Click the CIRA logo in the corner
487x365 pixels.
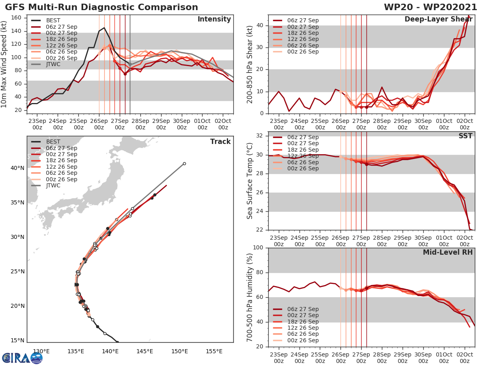(x=22, y=358)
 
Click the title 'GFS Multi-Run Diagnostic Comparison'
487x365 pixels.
(x=101, y=7)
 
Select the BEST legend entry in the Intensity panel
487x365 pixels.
(x=53, y=20)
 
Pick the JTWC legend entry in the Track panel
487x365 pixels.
(x=53, y=186)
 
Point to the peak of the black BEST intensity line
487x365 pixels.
(x=104, y=28)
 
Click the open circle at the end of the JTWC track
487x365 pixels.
(x=184, y=164)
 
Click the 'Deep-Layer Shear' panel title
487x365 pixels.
(x=439, y=19)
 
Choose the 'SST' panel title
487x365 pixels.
(x=465, y=136)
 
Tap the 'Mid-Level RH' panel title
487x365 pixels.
(x=448, y=252)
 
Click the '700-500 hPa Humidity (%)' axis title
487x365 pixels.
(x=250, y=297)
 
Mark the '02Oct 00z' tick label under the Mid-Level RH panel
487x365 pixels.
(x=464, y=357)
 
